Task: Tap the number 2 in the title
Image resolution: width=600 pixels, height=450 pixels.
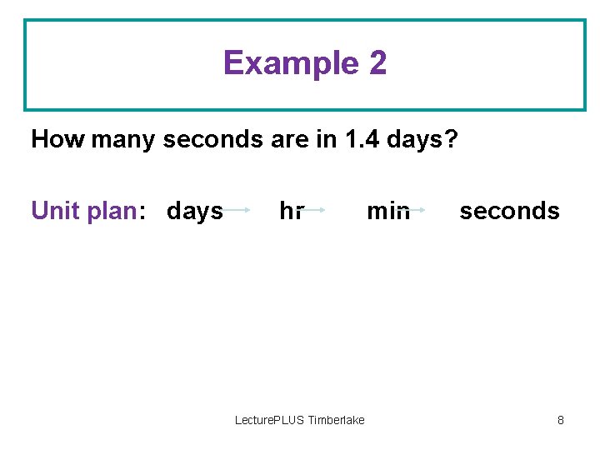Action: [x=375, y=63]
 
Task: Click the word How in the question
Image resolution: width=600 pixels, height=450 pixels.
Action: [x=58, y=139]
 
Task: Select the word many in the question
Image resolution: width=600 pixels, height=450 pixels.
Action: [x=122, y=139]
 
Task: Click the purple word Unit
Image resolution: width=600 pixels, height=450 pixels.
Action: [x=53, y=211]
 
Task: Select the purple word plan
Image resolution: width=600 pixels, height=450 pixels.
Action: [x=107, y=212]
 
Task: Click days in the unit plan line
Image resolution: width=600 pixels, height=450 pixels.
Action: [x=195, y=212]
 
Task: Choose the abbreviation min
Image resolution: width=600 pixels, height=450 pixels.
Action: [x=387, y=212]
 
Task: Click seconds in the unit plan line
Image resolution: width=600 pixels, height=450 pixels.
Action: [x=509, y=212]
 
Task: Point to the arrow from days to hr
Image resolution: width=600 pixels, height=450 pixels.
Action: [x=237, y=211]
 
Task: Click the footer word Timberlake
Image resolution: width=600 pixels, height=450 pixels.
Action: [x=337, y=420]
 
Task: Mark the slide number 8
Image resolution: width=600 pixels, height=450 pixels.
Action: [x=561, y=420]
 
